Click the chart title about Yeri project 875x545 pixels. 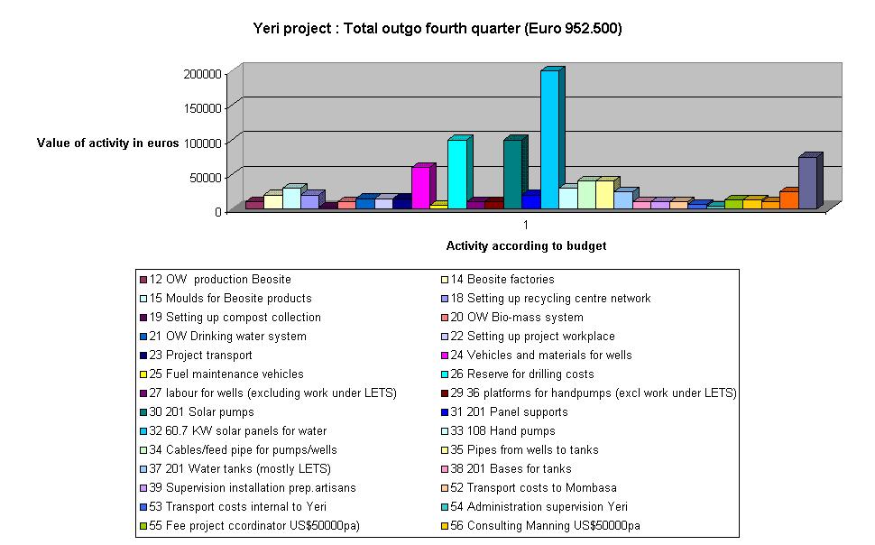(437, 29)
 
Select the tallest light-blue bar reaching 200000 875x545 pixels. (549, 140)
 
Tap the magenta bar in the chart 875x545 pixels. (420, 187)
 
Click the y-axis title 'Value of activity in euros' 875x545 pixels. (108, 143)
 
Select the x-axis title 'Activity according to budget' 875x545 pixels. (526, 245)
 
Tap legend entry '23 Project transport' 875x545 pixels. (200, 356)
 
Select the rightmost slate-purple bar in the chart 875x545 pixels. (807, 183)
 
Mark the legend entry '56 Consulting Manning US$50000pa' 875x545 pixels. (545, 526)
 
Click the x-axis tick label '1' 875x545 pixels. (526, 224)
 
